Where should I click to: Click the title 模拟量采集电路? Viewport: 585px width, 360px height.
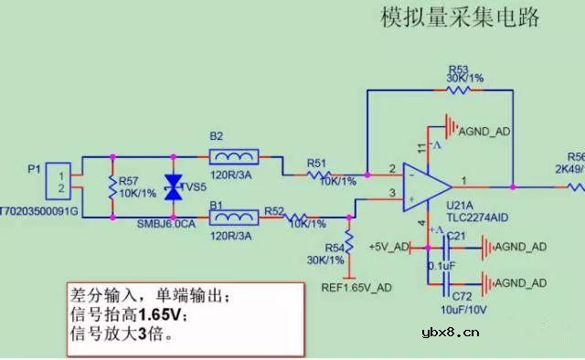460,18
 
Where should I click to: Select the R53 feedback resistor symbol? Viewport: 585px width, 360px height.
458,90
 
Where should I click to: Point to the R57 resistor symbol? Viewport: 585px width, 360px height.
112,188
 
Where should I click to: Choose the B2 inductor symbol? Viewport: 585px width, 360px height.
234,155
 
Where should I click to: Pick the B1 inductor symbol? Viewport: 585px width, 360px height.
234,218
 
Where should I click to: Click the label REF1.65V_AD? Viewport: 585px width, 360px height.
357,287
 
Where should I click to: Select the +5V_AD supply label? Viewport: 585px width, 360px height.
388,247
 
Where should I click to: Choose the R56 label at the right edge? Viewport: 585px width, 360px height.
575,156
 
